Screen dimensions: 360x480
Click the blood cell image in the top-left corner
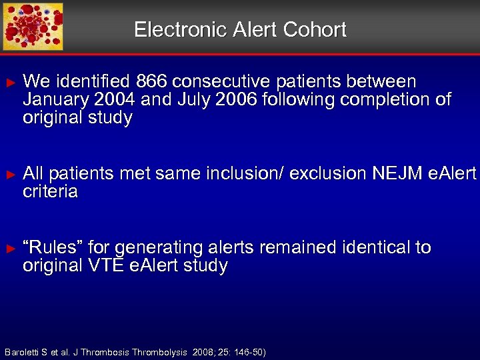(x=33, y=26)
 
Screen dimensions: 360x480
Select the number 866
(x=151, y=82)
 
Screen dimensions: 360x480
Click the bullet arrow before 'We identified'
(x=9, y=83)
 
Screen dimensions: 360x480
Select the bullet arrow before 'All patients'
(x=9, y=175)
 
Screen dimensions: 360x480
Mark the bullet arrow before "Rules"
(x=9, y=248)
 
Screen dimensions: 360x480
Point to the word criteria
(x=50, y=192)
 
